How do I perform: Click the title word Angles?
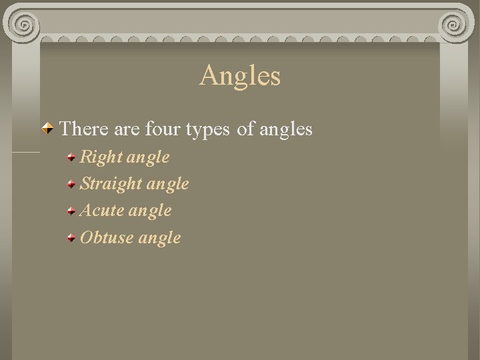(x=240, y=75)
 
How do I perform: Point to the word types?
(x=207, y=129)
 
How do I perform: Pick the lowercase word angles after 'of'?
(x=285, y=129)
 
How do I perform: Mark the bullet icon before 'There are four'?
(x=48, y=127)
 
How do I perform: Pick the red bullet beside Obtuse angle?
(x=71, y=237)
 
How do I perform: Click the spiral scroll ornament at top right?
(x=457, y=25)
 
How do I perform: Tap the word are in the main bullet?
(x=121, y=129)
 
